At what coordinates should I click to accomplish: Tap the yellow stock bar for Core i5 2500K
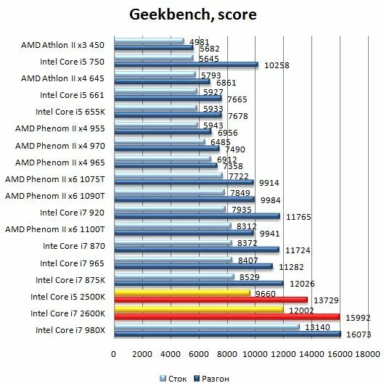tap(182, 293)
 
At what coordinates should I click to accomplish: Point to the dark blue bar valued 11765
tap(197, 215)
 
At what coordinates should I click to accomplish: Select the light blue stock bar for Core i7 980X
tap(206, 327)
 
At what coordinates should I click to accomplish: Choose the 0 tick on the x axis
tap(113, 354)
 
